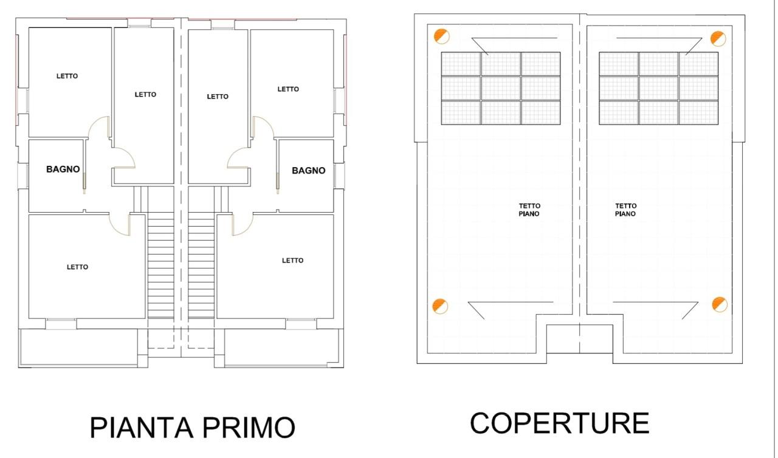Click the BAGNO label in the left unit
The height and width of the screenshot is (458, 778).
[x=63, y=169]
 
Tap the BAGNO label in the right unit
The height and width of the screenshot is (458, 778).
[x=308, y=171]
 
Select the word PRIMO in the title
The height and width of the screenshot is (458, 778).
[x=249, y=428]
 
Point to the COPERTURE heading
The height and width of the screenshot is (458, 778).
[x=560, y=423]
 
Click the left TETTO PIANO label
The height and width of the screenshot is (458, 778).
[x=529, y=210]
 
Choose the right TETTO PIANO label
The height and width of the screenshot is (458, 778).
[x=625, y=210]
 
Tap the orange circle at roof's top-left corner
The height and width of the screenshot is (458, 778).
[x=442, y=36]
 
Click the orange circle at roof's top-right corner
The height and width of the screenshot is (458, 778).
[x=718, y=38]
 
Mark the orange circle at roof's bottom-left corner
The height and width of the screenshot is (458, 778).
[x=440, y=306]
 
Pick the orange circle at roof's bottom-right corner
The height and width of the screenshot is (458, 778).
[x=720, y=304]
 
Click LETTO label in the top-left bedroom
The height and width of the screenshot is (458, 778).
[x=67, y=76]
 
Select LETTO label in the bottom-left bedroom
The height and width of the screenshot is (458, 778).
[x=77, y=267]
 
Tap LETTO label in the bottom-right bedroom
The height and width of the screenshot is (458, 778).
[x=292, y=260]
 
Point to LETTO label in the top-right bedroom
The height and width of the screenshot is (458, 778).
[x=288, y=89]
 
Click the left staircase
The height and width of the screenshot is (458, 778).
[x=161, y=265]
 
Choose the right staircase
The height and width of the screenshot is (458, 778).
[x=201, y=265]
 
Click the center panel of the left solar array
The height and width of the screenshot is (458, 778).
[x=501, y=88]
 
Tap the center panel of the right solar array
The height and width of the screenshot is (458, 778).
[x=658, y=88]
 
